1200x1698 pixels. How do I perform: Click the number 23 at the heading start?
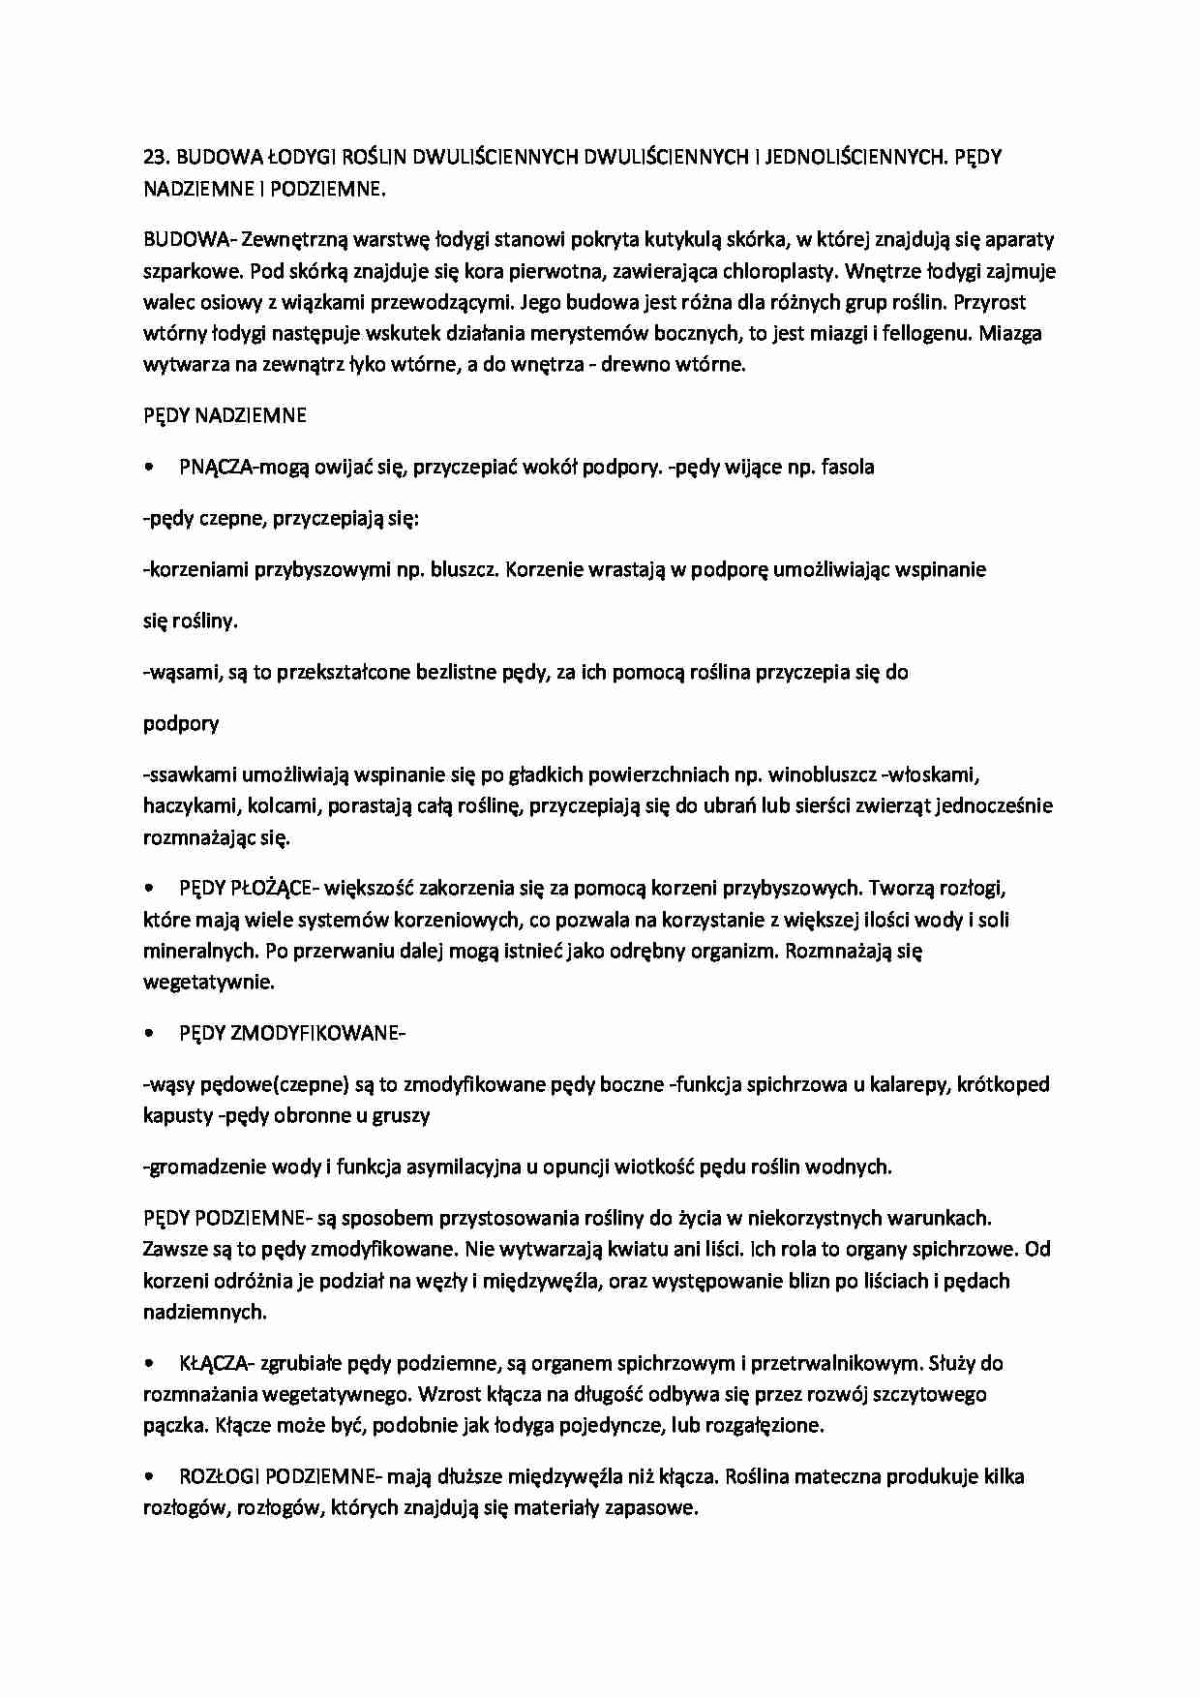[155, 157]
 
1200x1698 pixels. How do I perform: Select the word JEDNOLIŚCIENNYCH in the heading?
[844, 157]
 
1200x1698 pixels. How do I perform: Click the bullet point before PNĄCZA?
[148, 468]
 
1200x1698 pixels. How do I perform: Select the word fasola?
[847, 468]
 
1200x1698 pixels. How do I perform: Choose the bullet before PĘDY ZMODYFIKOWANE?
[148, 1034]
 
